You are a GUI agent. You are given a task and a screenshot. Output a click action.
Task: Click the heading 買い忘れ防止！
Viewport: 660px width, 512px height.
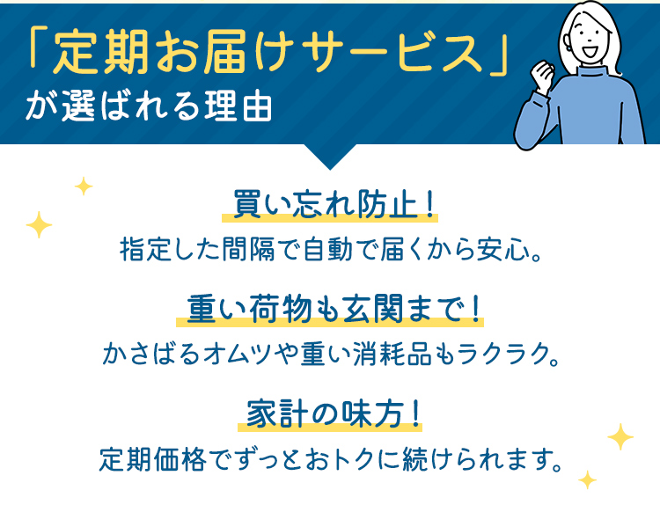point(329,205)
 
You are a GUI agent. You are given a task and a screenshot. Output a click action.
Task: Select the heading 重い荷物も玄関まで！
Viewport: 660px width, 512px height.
point(330,310)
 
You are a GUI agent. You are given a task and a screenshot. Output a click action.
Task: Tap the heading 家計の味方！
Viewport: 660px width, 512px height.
point(330,413)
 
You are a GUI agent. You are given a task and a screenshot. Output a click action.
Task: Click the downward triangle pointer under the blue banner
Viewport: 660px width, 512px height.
point(329,157)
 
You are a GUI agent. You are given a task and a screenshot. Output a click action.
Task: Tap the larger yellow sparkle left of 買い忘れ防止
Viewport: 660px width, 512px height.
point(39,226)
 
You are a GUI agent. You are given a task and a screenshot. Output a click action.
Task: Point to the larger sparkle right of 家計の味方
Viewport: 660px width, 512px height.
point(620,436)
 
